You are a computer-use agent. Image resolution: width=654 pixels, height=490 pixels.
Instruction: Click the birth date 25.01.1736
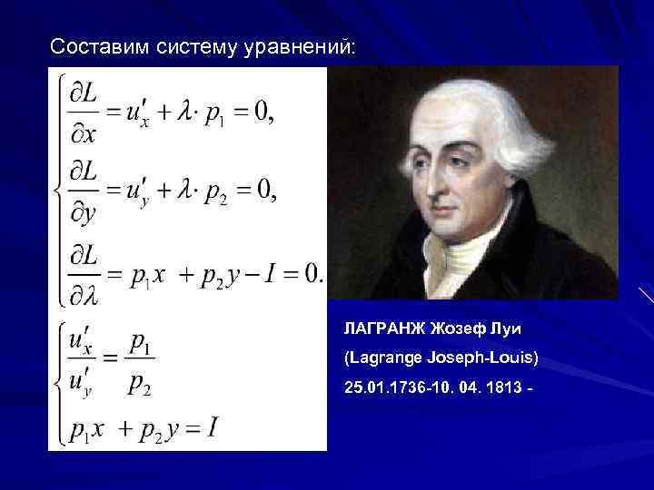click(x=382, y=388)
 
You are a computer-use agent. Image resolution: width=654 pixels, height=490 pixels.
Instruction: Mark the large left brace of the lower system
click(x=60, y=382)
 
